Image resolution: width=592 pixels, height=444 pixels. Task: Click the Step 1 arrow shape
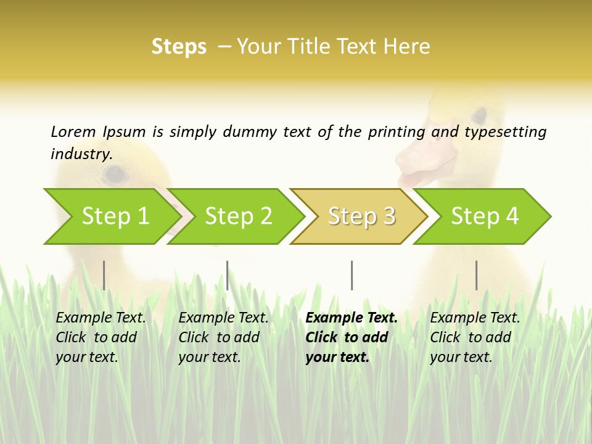(111, 216)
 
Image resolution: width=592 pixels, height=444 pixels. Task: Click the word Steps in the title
(179, 47)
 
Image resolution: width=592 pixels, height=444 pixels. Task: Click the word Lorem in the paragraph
(73, 132)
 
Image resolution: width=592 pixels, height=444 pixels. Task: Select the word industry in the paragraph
(81, 154)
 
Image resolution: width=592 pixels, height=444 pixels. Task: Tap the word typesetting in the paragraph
(505, 132)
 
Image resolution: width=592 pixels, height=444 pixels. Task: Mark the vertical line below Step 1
(104, 275)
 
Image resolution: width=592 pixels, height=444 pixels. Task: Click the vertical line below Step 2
(228, 275)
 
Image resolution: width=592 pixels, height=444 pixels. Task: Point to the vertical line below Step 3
(351, 275)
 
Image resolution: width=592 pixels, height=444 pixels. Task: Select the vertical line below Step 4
(476, 275)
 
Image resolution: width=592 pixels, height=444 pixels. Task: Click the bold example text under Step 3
(351, 337)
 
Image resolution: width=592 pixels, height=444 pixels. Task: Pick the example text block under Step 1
(101, 337)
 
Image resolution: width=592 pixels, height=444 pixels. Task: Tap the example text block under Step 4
(475, 337)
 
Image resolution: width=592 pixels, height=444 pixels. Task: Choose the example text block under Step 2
(223, 337)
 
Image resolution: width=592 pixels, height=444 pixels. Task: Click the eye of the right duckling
(479, 115)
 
